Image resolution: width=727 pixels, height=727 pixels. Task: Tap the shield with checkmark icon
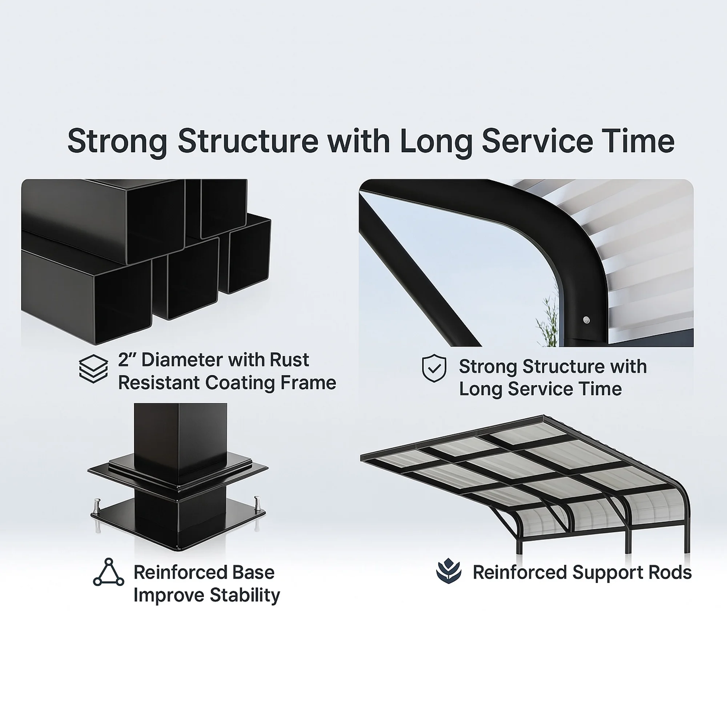(434, 368)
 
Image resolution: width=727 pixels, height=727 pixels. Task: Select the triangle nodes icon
(108, 573)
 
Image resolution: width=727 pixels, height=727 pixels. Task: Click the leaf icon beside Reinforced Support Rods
(448, 571)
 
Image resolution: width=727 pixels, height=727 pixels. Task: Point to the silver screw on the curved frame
(586, 320)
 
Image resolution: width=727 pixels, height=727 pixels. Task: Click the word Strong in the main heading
(117, 141)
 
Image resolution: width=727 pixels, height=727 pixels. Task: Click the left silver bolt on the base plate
(97, 503)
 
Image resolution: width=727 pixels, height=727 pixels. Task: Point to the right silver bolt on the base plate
(258, 502)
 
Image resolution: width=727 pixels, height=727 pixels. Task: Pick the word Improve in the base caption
(169, 595)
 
